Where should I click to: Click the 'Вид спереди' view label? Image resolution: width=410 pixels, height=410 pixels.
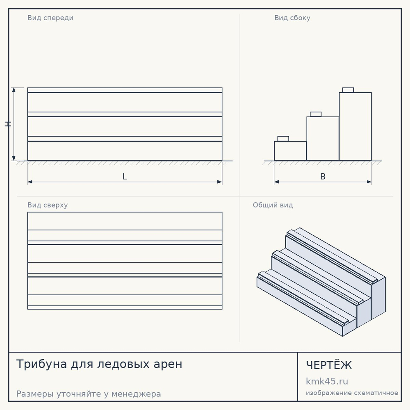(50, 18)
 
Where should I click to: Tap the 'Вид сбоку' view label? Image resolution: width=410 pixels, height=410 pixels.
(292, 18)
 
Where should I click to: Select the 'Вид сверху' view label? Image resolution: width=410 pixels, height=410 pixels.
(48, 205)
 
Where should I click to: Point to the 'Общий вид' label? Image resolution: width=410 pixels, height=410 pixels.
(273, 205)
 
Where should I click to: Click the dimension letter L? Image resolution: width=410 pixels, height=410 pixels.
(125, 176)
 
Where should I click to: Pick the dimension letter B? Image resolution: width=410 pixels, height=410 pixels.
(323, 176)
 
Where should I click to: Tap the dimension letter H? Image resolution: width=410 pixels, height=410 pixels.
(8, 124)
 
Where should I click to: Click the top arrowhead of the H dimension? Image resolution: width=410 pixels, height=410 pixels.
(14, 90)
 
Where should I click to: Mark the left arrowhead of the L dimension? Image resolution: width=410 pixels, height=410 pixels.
(30, 182)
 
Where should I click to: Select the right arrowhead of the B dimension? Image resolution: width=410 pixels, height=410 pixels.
(369, 182)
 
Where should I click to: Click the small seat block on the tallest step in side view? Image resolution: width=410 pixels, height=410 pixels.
(348, 90)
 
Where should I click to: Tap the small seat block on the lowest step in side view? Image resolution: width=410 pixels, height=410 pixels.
(283, 139)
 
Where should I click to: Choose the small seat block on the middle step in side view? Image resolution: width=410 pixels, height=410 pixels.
(316, 114)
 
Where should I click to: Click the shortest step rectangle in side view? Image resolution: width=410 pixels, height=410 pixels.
(290, 151)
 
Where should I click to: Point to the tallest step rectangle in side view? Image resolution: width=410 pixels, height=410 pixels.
(355, 127)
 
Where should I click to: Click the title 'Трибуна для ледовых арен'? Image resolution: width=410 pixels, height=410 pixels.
(99, 364)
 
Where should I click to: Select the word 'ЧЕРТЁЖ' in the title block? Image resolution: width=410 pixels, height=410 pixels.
(329, 365)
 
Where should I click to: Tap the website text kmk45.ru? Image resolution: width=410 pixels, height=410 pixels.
(327, 381)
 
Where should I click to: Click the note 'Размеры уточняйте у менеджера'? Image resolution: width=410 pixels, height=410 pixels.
(89, 394)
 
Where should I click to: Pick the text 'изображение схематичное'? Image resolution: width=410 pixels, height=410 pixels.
(352, 393)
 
